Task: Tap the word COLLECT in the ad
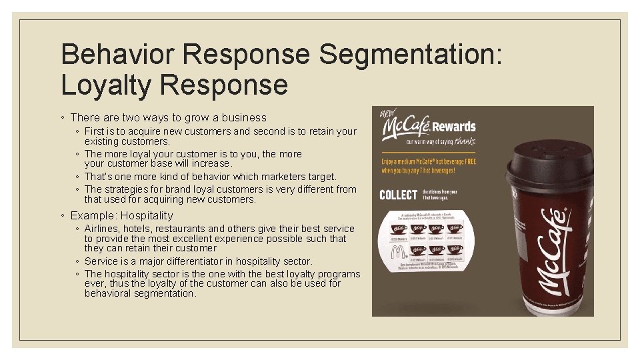[399, 195]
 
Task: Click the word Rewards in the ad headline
[453, 127]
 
